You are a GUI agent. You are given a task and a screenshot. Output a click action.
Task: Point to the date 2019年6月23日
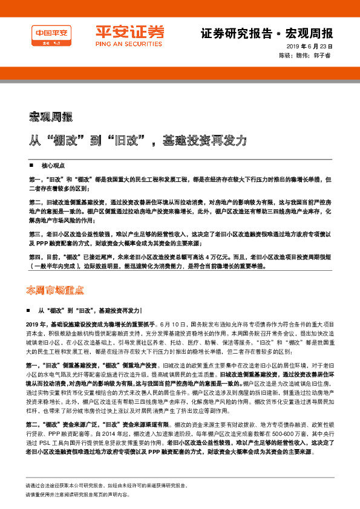click(x=310, y=47)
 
